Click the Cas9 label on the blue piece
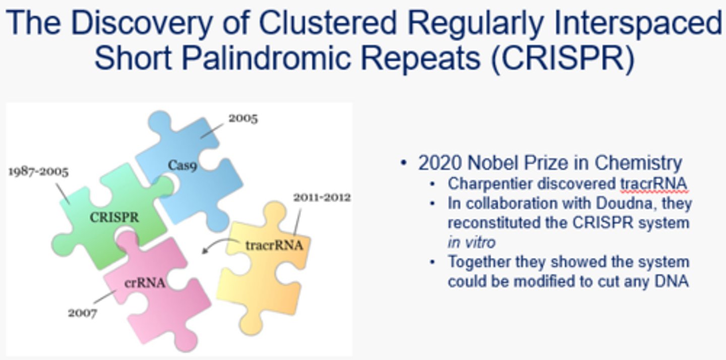pyautogui.click(x=183, y=164)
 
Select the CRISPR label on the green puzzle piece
pyautogui.click(x=114, y=218)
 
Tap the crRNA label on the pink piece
pyautogui.click(x=145, y=283)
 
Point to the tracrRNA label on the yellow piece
pyautogui.click(x=274, y=246)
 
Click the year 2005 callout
pyautogui.click(x=243, y=118)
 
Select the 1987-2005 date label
pyautogui.click(x=38, y=171)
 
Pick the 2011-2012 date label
pyautogui.click(x=322, y=197)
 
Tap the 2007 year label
pyautogui.click(x=83, y=313)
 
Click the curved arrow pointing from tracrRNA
pyautogui.click(x=214, y=246)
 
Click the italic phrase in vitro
pyautogui.click(x=471, y=243)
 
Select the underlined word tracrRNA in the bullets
pyautogui.click(x=653, y=184)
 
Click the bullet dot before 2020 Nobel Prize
pyautogui.click(x=403, y=163)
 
